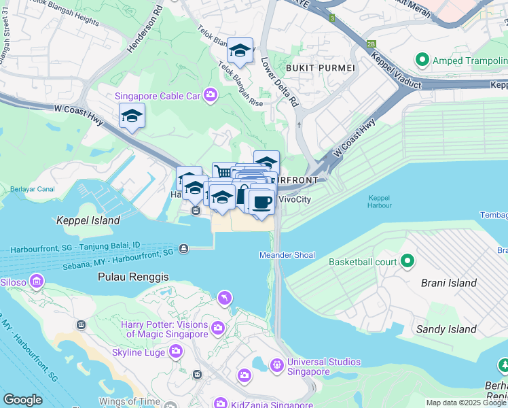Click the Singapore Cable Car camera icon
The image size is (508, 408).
(x=211, y=95)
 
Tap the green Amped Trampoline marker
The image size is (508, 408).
(x=422, y=61)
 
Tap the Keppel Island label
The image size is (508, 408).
(x=88, y=220)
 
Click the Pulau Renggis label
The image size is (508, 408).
(x=133, y=277)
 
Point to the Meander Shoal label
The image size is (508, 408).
(x=287, y=255)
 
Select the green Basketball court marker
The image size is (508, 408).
(x=407, y=261)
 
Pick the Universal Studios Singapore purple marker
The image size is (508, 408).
(x=276, y=366)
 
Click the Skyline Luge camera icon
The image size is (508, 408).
(x=176, y=351)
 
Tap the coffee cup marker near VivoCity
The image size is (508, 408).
(x=262, y=201)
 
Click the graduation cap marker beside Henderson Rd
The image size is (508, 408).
(x=132, y=116)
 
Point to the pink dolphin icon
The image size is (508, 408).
(x=224, y=298)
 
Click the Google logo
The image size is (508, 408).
(x=22, y=400)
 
